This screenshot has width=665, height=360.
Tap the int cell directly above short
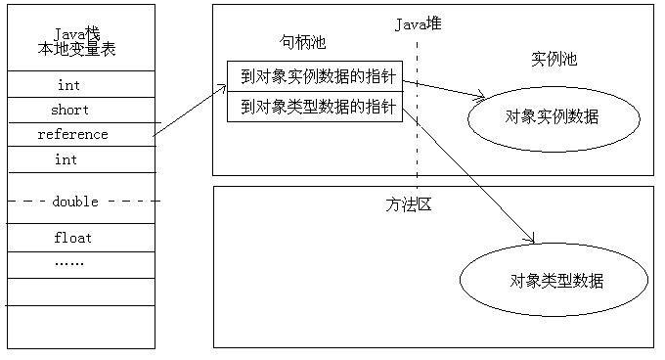68,85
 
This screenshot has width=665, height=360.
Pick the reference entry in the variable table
72,134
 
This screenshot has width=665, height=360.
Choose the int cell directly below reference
66,158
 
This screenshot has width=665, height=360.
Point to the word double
75,201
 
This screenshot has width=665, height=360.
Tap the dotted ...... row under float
68,262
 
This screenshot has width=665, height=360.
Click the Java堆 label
418,23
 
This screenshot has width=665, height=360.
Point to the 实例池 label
554,59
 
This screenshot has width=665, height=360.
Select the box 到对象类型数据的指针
315,106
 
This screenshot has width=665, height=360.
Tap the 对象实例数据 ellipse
554,117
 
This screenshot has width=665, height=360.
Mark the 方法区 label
409,204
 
